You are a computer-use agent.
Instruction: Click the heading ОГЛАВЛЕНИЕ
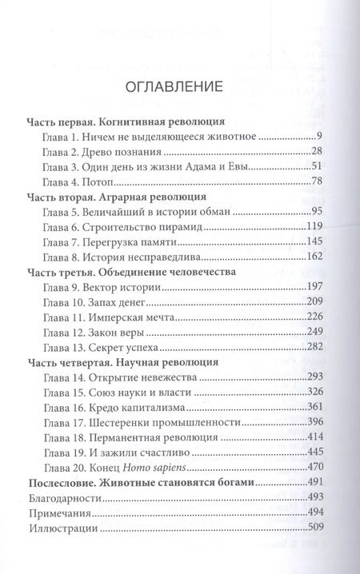click(179, 88)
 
